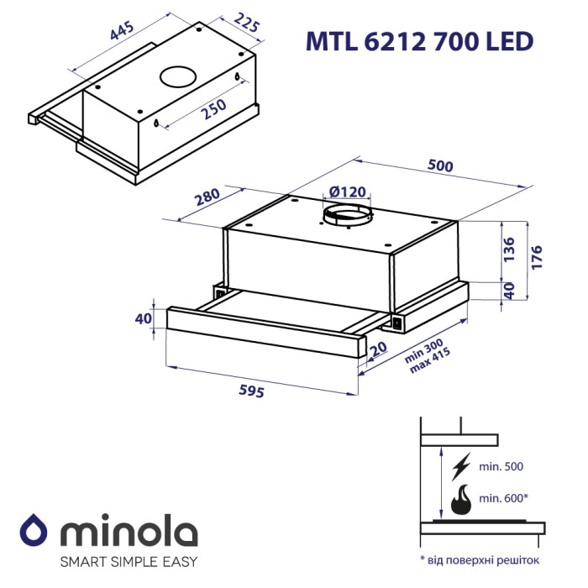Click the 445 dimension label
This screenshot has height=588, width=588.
[122, 30]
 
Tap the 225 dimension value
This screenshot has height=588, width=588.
[247, 23]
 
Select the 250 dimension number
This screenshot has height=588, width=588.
[213, 108]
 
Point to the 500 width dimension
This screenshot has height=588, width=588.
[440, 165]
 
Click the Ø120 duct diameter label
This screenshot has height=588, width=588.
[347, 192]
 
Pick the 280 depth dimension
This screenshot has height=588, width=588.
[207, 197]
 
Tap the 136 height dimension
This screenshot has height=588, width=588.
[509, 249]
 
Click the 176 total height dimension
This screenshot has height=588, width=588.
[537, 257]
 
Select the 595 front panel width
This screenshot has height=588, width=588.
[252, 391]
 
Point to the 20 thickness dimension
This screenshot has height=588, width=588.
[378, 349]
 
